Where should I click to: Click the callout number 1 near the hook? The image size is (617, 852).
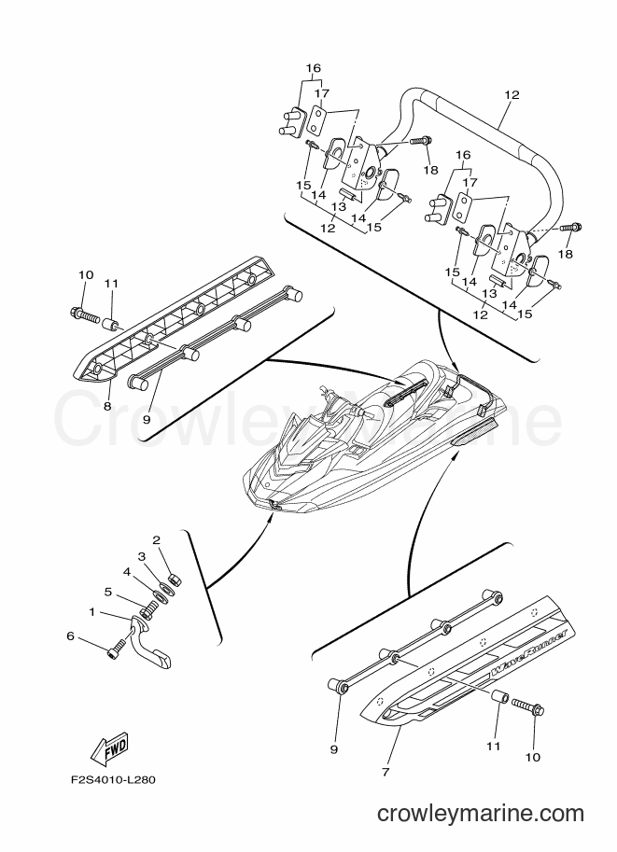coord(91,612)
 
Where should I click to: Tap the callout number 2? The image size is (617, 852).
coord(156,540)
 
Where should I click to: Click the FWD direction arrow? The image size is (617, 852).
coord(110,747)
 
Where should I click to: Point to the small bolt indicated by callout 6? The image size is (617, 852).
coord(117,649)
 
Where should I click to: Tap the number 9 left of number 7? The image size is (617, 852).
coord(334,750)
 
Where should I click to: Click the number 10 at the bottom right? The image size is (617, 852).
coord(533,758)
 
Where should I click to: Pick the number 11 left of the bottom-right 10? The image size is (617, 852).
coord(493,747)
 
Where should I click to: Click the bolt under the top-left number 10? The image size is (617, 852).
coord(83,313)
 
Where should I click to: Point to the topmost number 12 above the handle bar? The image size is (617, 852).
coord(512,95)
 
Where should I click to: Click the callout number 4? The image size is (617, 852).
coord(126,572)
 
